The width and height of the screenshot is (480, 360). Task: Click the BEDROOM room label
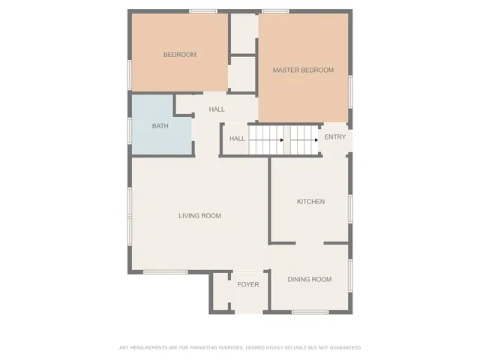click(x=180, y=55)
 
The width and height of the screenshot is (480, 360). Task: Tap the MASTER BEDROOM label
click(x=303, y=70)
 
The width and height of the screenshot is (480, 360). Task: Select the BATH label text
click(x=160, y=126)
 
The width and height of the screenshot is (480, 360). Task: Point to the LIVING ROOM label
click(x=199, y=216)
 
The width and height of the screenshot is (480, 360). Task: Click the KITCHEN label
click(x=310, y=202)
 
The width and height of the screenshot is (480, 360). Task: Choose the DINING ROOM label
click(x=310, y=280)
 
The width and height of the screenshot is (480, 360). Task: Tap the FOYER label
click(x=247, y=285)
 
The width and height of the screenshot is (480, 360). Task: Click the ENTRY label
click(x=335, y=137)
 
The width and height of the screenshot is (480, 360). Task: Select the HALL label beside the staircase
click(x=237, y=139)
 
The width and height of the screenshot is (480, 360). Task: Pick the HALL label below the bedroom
click(x=217, y=109)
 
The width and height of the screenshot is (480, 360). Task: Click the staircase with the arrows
click(x=283, y=140)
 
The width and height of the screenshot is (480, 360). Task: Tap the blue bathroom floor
click(x=160, y=139)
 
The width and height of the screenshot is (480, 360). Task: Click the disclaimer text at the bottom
click(x=240, y=347)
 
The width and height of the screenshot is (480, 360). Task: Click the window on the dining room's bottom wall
click(x=310, y=312)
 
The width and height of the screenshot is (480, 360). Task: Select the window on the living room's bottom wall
click(x=165, y=271)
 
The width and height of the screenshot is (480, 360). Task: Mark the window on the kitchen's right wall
click(x=350, y=209)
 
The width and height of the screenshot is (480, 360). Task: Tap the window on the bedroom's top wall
click(x=202, y=10)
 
